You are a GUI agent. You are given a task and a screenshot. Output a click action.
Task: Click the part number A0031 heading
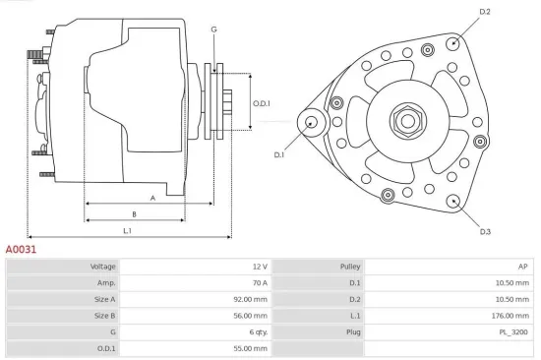coord(22,251)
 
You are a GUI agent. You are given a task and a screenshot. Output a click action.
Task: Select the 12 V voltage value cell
coord(259,267)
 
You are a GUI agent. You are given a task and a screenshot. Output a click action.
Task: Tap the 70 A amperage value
coord(259,283)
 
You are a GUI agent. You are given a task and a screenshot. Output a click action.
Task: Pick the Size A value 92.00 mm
coord(248,299)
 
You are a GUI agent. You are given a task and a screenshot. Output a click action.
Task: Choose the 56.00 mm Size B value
coord(248,316)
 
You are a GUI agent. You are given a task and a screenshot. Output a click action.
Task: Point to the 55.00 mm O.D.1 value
coord(248,348)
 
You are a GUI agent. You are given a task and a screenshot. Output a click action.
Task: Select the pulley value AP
coord(522,267)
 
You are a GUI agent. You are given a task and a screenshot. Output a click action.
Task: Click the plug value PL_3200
coord(512,332)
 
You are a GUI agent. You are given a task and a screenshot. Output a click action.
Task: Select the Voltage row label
coord(103,267)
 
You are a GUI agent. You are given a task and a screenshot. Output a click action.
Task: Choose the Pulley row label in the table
coord(350,267)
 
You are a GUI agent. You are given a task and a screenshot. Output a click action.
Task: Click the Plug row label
coord(353,332)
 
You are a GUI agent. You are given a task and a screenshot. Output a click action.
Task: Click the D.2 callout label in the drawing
coord(484,12)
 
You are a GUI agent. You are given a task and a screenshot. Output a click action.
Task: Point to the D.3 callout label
coord(485,231)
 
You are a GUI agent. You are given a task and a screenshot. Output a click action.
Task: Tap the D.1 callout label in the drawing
coord(278,154)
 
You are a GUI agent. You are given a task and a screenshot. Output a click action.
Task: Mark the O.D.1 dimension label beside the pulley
coord(261,103)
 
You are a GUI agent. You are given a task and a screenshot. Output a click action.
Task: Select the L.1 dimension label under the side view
coord(128,230)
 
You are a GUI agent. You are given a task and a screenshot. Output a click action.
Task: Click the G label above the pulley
coord(213,30)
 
